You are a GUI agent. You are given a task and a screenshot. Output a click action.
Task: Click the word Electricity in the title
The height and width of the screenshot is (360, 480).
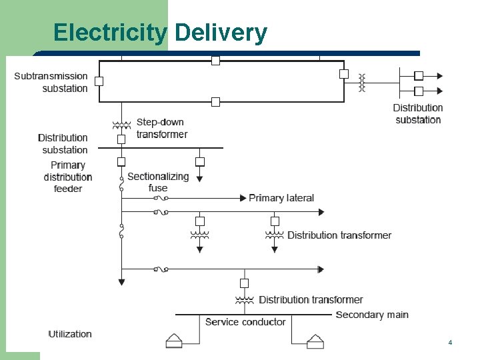click(110, 32)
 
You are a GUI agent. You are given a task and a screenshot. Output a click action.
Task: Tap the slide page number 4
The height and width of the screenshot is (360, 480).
click(450, 342)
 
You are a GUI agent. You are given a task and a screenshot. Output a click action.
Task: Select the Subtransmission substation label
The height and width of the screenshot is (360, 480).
click(51, 82)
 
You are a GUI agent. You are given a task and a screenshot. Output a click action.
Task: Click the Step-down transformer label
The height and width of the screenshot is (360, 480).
click(161, 128)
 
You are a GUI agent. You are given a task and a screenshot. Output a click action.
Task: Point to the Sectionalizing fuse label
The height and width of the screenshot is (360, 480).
click(158, 182)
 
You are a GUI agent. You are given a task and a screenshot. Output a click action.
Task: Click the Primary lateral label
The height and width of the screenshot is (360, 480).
click(281, 198)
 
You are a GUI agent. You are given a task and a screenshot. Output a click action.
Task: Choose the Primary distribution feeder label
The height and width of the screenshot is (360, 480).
click(67, 177)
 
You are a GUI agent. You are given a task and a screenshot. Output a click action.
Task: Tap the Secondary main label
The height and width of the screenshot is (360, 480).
click(372, 315)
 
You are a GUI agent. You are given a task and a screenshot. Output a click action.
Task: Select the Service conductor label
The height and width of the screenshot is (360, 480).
click(245, 322)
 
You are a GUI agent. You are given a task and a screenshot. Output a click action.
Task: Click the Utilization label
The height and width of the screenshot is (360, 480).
click(70, 333)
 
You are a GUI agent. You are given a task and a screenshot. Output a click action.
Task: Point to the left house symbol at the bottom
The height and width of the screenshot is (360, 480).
click(174, 341)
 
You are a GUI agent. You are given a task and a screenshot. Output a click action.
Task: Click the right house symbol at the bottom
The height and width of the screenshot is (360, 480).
click(315, 341)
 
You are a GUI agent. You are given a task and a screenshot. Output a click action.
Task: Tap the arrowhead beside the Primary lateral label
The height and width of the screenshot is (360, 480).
click(243, 197)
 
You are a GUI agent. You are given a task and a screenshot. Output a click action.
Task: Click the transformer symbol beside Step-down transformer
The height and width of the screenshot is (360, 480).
click(121, 125)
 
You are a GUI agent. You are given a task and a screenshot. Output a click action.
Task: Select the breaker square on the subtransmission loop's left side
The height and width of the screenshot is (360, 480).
click(99, 81)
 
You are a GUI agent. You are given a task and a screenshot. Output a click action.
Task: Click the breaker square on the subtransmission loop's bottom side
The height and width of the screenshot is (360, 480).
click(215, 102)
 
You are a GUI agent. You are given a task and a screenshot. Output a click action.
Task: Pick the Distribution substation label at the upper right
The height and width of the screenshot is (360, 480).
click(418, 113)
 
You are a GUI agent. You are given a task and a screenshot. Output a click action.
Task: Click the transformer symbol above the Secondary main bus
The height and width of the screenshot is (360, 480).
click(244, 299)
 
